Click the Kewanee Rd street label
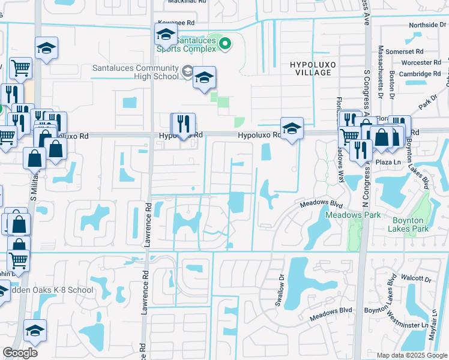click(176, 22)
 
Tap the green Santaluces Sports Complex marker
click(225, 43)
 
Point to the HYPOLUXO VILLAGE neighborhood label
click(310, 68)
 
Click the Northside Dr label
click(429, 25)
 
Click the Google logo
click(20, 353)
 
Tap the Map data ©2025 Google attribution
click(411, 355)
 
